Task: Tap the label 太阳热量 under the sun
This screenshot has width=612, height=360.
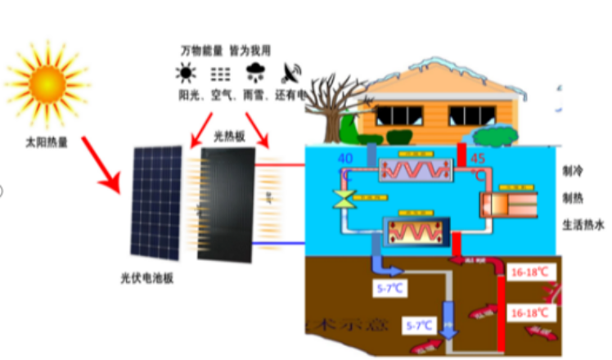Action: [47, 142]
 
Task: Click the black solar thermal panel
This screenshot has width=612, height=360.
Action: [227, 205]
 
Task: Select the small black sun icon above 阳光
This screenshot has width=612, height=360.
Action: [187, 74]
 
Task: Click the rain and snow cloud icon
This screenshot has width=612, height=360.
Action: [255, 73]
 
